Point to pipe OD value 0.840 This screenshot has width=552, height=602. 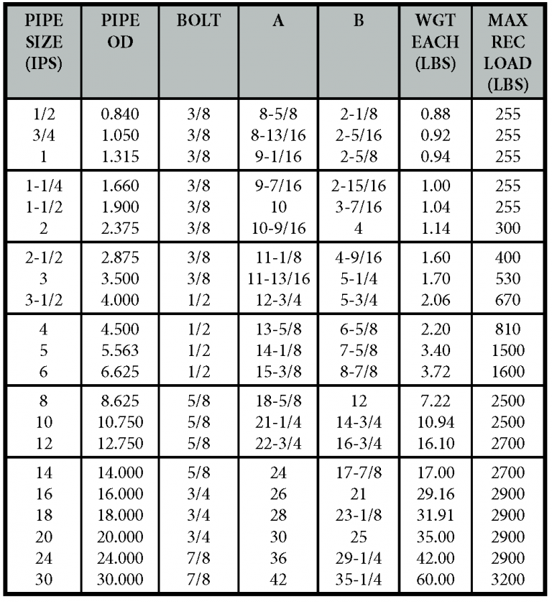tap(119, 114)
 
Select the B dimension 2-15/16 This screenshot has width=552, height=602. tap(358, 186)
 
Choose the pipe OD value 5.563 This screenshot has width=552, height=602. tap(119, 350)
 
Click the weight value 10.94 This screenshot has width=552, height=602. tap(435, 423)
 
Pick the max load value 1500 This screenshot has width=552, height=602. tap(508, 350)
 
